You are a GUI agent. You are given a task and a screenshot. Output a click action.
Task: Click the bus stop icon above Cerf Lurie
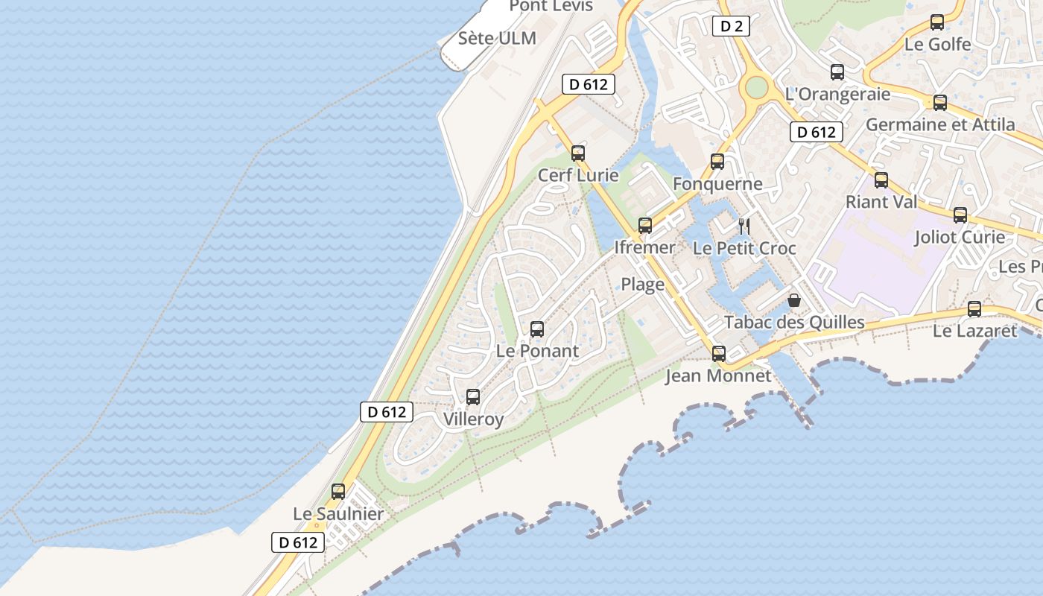point(578,153)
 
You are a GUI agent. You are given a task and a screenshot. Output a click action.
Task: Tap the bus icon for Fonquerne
point(717,161)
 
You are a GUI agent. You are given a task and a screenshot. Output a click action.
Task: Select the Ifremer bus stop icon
point(645,225)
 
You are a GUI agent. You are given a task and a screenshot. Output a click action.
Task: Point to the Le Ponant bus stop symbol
point(536,329)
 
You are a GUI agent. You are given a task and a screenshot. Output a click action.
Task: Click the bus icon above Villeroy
point(473,396)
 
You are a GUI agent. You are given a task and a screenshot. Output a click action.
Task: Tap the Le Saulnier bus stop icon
point(338,492)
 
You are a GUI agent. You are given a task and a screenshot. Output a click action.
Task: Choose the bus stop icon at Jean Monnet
point(719,353)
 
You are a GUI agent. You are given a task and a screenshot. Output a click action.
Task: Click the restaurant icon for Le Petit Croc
point(744,226)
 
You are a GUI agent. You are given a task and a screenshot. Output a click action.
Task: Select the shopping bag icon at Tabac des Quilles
point(794,300)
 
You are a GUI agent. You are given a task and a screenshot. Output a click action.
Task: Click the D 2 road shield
point(731,27)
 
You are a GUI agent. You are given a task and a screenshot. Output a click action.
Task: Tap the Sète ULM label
point(497,38)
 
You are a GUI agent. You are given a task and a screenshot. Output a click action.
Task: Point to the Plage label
point(643,284)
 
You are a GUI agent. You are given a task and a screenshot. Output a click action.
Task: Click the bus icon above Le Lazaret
point(974,308)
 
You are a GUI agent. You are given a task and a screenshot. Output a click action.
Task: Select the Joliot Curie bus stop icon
point(960,215)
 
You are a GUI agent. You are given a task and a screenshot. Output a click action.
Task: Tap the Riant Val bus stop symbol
point(881,180)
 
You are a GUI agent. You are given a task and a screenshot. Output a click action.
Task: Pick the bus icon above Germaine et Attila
point(940,103)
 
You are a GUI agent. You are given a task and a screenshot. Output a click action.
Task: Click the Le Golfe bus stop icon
point(937,22)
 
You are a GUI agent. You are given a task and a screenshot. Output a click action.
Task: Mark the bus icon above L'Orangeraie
point(837,72)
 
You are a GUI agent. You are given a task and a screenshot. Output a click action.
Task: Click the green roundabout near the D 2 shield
point(756,88)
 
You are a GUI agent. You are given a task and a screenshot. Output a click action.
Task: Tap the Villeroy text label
point(474,419)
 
